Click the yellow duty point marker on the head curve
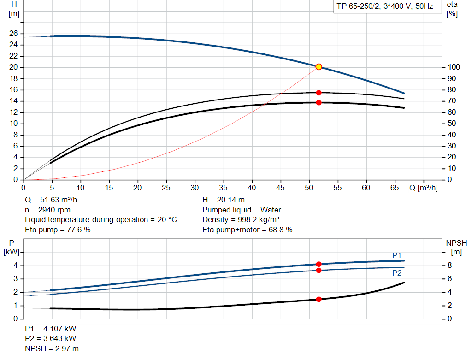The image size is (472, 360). [x=319, y=67]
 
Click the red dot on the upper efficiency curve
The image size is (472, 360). [x=319, y=93]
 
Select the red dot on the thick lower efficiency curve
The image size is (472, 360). [x=319, y=102]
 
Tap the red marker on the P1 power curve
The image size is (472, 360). [x=319, y=264]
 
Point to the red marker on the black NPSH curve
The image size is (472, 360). [x=319, y=299]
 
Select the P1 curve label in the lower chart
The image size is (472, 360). [x=397, y=255]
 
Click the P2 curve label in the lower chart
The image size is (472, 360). [x=397, y=273]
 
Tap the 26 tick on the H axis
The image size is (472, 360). [x=14, y=34]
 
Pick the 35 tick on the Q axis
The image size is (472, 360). [x=223, y=188]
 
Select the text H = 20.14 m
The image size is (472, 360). [x=224, y=200]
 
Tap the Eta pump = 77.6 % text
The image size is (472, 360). [x=58, y=230]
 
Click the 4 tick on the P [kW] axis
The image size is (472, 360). [x=16, y=266]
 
